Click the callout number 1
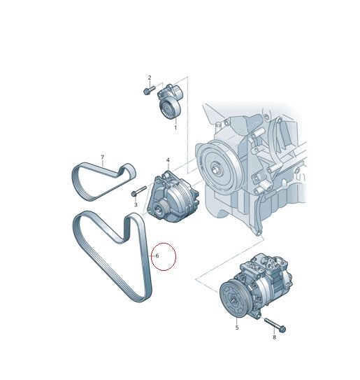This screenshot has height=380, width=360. point(175,127)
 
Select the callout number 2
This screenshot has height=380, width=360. point(150,78)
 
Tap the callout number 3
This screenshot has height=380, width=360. point(136,205)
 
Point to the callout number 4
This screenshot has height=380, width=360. point(168,160)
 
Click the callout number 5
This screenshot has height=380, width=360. point(237,328)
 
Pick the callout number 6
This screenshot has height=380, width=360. point(157,255)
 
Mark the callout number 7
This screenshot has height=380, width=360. point(102,157)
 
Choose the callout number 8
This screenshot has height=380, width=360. point(274,337)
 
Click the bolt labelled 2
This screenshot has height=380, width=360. point(149,90)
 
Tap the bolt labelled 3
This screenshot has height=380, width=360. point(138,191)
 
